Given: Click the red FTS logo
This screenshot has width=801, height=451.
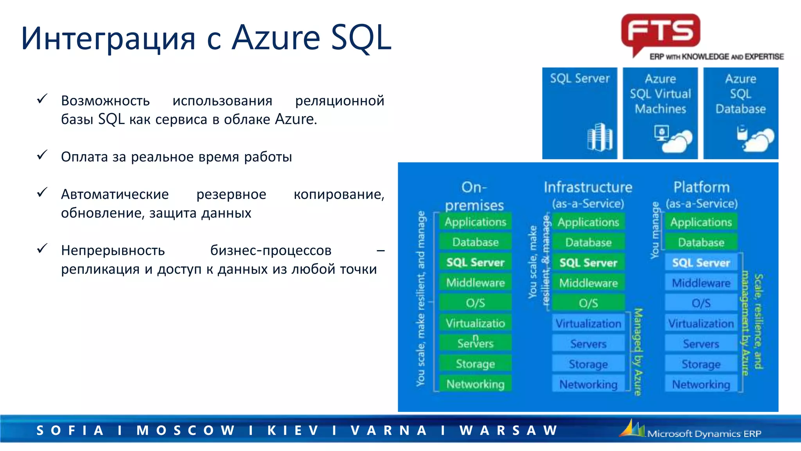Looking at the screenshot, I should click(661, 31).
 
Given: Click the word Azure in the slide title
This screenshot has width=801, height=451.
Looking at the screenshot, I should click(276, 38).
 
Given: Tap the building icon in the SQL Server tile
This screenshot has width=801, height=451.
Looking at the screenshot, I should click(600, 137).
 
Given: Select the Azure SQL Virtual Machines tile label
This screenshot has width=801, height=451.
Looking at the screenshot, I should click(660, 94).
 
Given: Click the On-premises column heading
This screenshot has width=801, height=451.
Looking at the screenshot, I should click(474, 196).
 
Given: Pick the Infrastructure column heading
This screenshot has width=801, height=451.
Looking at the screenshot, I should click(588, 187).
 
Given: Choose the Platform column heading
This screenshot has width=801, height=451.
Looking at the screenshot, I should click(701, 187).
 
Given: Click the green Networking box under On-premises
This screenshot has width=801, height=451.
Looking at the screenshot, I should click(475, 384).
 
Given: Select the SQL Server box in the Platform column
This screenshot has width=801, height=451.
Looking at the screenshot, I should click(701, 263).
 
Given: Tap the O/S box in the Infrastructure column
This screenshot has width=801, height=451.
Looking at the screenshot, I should click(588, 303).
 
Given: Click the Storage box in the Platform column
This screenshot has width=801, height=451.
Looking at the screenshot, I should click(701, 364).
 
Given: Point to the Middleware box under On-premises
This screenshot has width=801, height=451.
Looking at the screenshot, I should click(475, 283).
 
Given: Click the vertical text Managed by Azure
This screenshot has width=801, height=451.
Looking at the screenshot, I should click(638, 352).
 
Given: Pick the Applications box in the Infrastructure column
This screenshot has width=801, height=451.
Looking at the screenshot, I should click(588, 222).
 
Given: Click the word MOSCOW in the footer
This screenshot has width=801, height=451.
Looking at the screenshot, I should click(185, 430).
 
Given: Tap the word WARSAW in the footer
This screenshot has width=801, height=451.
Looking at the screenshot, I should click(509, 430).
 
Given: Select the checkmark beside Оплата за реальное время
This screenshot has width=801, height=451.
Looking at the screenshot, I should click(42, 155).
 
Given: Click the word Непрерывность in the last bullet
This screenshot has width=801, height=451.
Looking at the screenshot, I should click(113, 251).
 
